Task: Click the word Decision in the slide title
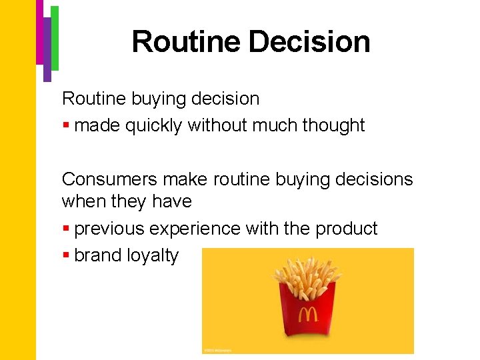click(x=310, y=41)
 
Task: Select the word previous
click(x=109, y=229)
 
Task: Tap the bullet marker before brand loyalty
click(x=66, y=256)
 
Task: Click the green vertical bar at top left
click(x=55, y=37)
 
